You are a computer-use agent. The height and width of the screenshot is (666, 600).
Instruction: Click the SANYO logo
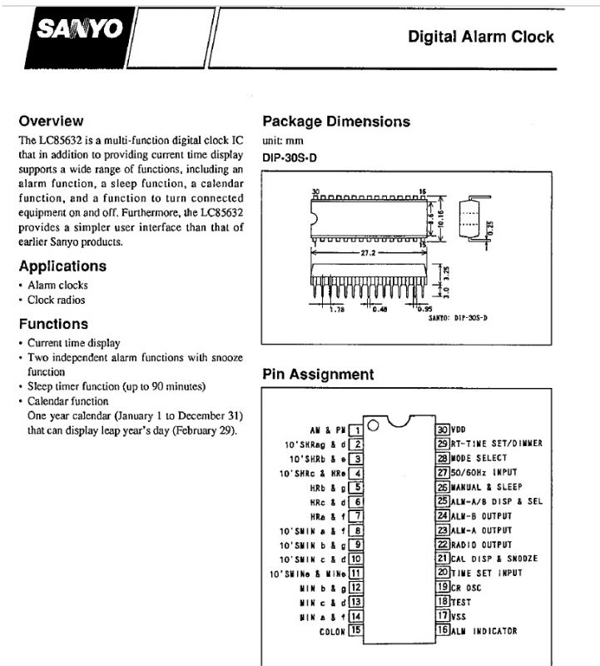tap(80, 31)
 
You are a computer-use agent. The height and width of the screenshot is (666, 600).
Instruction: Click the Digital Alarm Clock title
tap(480, 37)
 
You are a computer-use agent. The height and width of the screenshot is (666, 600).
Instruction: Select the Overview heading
tap(51, 121)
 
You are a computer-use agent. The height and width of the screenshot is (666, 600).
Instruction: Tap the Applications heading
tap(62, 266)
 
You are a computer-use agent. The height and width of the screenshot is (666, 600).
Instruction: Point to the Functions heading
tap(53, 324)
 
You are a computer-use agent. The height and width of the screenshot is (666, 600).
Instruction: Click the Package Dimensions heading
tap(336, 122)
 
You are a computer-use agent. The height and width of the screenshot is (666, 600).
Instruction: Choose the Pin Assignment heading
tap(318, 375)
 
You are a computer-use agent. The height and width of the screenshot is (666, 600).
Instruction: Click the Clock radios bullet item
tap(56, 301)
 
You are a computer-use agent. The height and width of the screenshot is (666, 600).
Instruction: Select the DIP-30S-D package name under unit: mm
tap(290, 155)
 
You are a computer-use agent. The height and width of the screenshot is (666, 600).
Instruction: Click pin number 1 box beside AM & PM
tap(355, 430)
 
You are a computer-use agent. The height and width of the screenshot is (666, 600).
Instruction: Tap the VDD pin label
tap(459, 430)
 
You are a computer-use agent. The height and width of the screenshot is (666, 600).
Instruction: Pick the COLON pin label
tap(331, 631)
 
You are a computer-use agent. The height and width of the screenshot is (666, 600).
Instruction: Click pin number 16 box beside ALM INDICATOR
tap(442, 630)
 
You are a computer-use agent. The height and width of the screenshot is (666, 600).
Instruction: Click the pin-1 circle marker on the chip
tap(372, 426)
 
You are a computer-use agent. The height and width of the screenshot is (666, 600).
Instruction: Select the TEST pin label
tap(461, 601)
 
